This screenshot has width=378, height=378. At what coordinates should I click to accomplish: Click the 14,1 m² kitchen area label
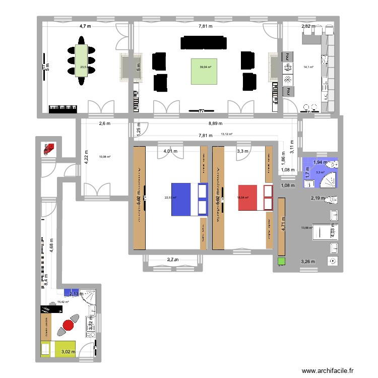click(x=308, y=67)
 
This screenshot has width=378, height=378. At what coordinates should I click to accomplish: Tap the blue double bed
click(x=189, y=199)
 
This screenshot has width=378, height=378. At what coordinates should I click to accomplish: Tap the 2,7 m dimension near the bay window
click(x=172, y=260)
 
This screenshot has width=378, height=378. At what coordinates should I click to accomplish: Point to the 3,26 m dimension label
click(x=308, y=262)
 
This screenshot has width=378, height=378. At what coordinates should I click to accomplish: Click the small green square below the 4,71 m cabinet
click(x=281, y=262)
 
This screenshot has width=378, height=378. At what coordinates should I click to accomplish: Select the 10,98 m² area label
click(x=105, y=157)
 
